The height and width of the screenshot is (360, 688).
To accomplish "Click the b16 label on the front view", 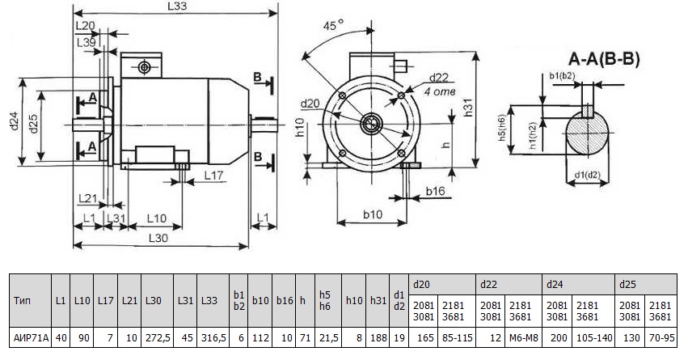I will [436, 192].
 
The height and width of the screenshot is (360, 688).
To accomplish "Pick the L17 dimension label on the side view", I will [214, 175].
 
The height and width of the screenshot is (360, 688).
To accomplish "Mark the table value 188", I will [378, 336].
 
